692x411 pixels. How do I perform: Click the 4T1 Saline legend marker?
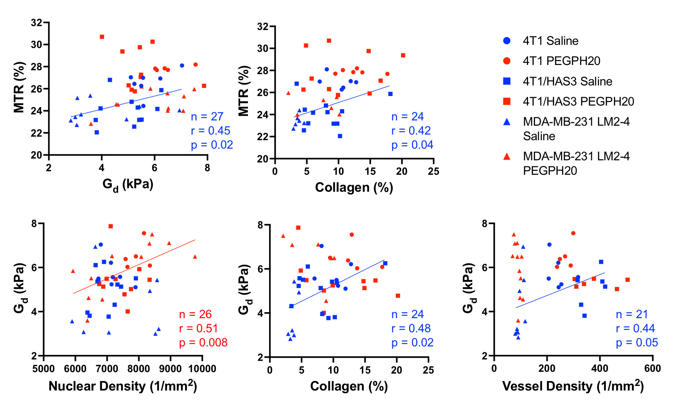coord(506,41)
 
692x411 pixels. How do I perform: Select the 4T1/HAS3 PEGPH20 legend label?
coord(578,101)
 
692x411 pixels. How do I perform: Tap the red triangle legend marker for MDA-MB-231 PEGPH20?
coord(506,156)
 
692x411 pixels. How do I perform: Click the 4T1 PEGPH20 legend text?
coord(561,61)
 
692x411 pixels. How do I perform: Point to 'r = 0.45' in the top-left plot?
coord(211,131)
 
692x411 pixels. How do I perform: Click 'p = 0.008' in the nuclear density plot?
coord(203,342)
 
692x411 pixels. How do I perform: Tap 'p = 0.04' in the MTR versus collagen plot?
coord(412,145)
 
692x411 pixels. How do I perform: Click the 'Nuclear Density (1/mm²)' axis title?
coord(123,386)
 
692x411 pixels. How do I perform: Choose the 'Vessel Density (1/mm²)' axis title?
coord(573,386)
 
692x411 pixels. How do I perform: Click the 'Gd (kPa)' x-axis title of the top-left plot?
coord(128,184)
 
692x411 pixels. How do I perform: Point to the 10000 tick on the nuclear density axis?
coord(202,369)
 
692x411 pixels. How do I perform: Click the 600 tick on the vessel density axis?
coord(652,369)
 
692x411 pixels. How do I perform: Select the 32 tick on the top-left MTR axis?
coord(37,23)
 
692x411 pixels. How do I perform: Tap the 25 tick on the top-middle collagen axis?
coord(433,172)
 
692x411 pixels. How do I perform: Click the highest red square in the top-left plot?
coord(102,37)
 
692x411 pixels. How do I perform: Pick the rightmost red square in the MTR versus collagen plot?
coord(403,55)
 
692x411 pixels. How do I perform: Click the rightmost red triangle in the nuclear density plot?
coord(195,257)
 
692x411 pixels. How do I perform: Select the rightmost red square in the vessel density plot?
coord(627,280)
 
